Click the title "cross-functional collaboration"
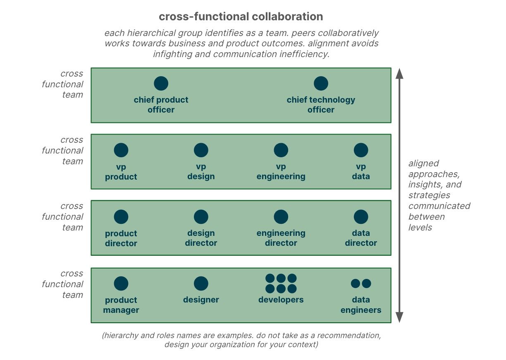[241, 17]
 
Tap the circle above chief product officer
[161, 83]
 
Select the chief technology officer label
[321, 105]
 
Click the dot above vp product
[121, 150]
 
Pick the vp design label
[201, 172]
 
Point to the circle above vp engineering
[281, 150]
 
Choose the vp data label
[361, 172]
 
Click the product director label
[121, 238]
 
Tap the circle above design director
[201, 217]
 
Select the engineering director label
[281, 238]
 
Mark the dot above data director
[361, 217]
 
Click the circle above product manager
[121, 283]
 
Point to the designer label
[201, 300]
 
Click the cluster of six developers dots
[281, 283]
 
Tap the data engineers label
[361, 305]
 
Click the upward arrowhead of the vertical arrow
[399, 74]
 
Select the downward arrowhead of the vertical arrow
[399, 317]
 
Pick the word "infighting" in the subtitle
[173, 54]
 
